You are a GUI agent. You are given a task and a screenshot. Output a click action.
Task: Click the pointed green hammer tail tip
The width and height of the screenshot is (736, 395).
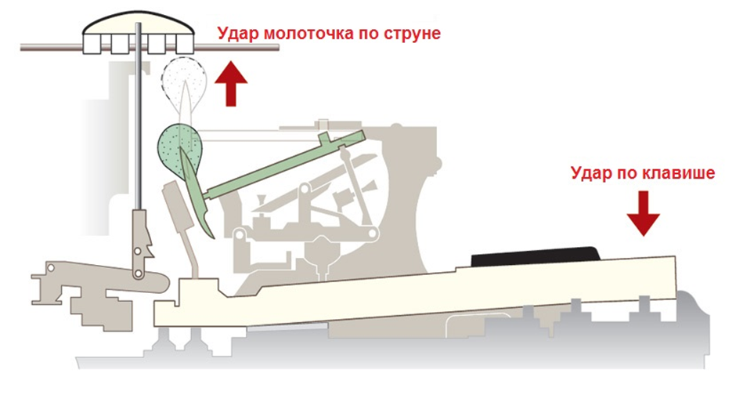pyautogui.click(x=207, y=233)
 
